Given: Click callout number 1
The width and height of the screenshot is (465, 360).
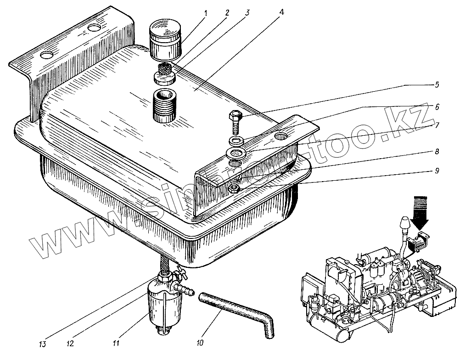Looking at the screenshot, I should pos(206,12).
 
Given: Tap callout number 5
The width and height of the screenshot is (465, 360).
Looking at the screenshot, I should pos(437,84).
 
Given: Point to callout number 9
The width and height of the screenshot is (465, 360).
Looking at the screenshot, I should pos(437,171).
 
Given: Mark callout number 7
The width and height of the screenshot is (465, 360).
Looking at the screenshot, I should pos(437,125).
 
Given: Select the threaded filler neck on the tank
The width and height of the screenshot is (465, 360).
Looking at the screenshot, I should pos(163,107).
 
